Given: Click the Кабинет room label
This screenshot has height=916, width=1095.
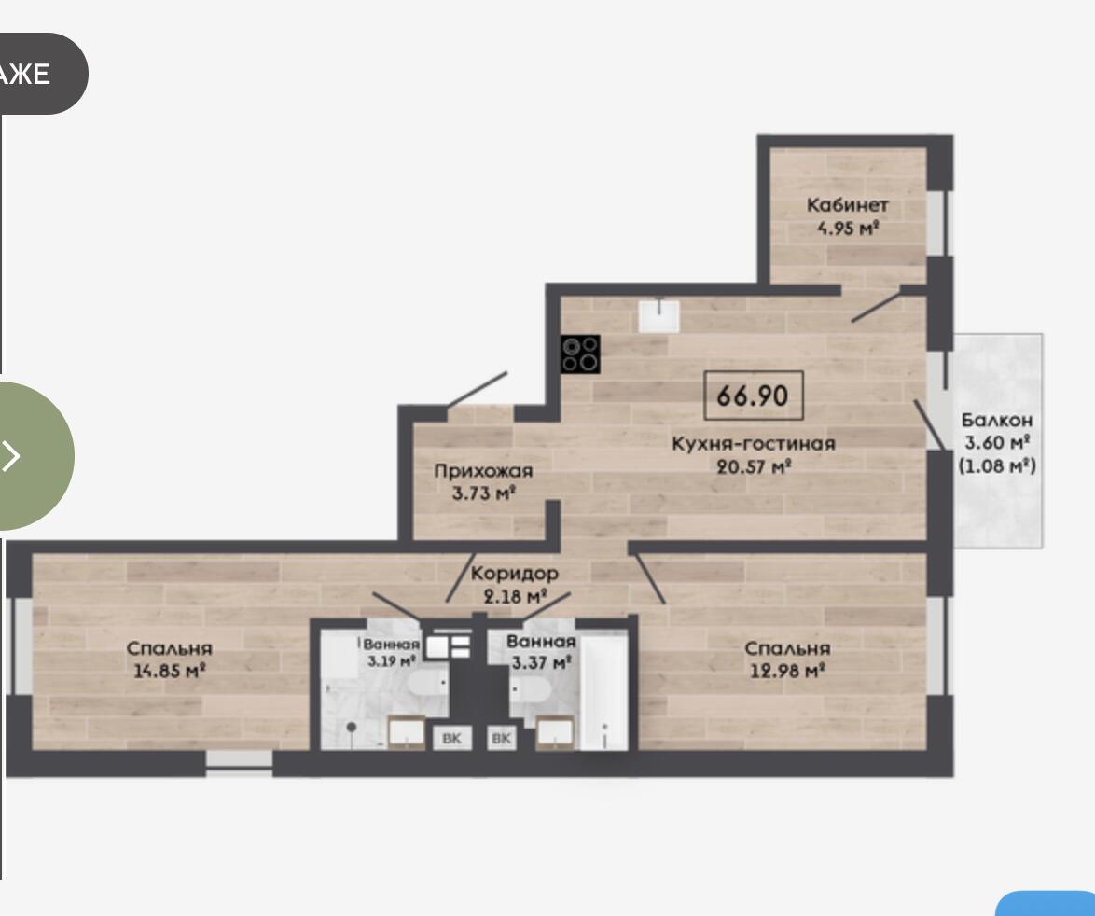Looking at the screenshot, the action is click(x=847, y=204).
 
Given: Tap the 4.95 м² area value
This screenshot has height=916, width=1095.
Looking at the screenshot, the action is click(x=847, y=228).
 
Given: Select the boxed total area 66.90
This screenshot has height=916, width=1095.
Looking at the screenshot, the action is click(x=753, y=396).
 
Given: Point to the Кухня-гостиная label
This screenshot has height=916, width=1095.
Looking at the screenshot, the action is click(x=754, y=443).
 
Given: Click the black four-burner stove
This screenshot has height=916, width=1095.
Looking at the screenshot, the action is click(x=580, y=354).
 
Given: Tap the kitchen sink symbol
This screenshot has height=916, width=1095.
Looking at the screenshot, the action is click(x=658, y=315).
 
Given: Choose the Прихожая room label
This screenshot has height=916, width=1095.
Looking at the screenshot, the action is click(x=483, y=471).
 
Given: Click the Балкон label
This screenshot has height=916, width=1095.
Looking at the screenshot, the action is click(x=996, y=420).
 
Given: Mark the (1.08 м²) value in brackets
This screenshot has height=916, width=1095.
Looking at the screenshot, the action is click(x=997, y=465).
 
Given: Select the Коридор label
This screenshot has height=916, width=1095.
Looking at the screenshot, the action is click(x=515, y=574).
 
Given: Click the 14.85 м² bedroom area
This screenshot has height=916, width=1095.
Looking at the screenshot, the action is click(x=169, y=671).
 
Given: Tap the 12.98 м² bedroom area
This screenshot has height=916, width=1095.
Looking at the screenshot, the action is click(x=788, y=671).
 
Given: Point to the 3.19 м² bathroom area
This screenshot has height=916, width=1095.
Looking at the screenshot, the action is click(x=392, y=659).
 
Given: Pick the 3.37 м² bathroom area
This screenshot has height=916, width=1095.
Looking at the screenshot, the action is click(x=542, y=662).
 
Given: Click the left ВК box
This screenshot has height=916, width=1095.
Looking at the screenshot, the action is click(x=451, y=738).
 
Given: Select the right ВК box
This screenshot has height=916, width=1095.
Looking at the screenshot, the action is click(x=502, y=738).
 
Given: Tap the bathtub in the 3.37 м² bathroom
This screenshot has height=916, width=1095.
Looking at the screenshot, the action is click(x=604, y=691).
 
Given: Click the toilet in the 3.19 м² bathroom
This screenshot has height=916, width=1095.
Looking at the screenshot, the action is click(x=426, y=682).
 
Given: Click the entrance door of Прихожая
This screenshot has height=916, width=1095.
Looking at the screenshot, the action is click(x=478, y=388).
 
